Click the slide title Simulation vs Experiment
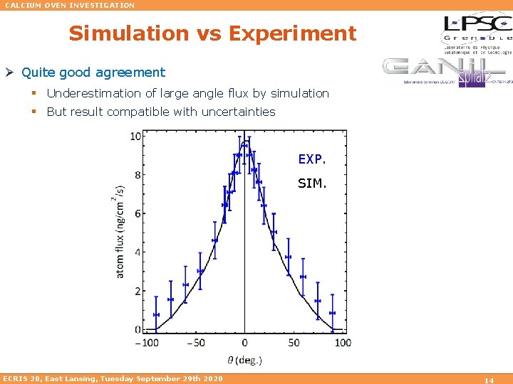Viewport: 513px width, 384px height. click(x=212, y=33)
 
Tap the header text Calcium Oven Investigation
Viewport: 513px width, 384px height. click(x=70, y=5)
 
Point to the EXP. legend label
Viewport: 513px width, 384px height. click(x=312, y=159)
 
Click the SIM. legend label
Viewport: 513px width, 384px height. click(x=312, y=183)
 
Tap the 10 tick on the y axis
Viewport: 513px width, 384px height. click(x=135, y=136)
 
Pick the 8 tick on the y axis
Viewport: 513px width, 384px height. click(x=137, y=175)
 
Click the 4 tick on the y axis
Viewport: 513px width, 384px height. click(x=137, y=252)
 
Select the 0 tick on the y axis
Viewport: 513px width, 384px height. click(x=137, y=330)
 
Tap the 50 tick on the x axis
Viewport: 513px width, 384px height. click(x=294, y=343)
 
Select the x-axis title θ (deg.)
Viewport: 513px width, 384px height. click(x=244, y=360)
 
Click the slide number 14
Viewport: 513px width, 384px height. click(x=489, y=380)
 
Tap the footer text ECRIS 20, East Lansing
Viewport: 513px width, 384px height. click(x=113, y=378)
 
